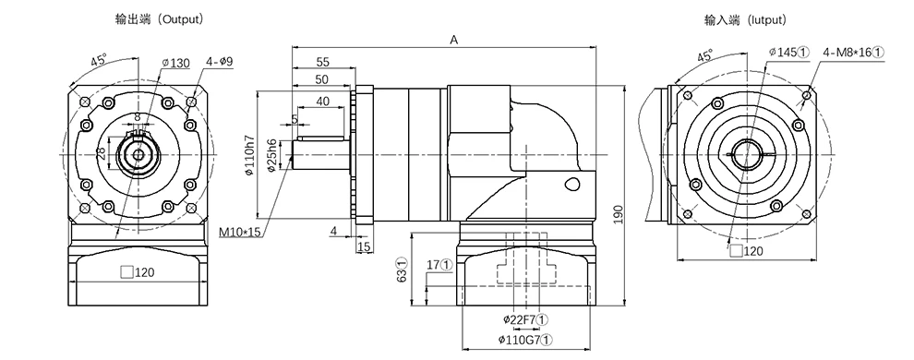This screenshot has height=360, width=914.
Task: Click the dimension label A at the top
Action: click(x=454, y=40)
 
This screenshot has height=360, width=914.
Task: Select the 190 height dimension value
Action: click(x=618, y=214)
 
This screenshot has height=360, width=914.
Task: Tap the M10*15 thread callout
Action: click(x=239, y=233)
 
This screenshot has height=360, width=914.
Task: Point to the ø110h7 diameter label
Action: click(x=249, y=155)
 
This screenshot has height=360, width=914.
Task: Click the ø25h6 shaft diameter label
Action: click(x=271, y=155)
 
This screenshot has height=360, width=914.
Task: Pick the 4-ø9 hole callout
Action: click(x=219, y=61)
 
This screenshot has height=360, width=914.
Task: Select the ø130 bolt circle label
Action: click(x=175, y=63)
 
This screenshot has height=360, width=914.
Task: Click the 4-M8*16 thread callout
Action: click(x=853, y=52)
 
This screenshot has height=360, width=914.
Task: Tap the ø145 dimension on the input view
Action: click(x=789, y=52)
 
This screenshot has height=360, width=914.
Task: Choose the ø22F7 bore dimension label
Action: click(x=526, y=319)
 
